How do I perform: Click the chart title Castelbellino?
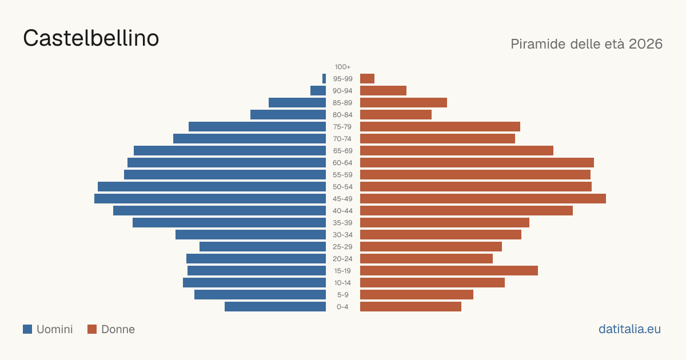click(91, 38)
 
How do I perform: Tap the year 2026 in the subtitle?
click(645, 44)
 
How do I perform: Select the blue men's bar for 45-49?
click(210, 199)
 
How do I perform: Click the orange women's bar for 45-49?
click(483, 199)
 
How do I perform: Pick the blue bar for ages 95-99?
click(324, 79)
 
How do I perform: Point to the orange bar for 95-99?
click(367, 79)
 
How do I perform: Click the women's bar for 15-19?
click(449, 271)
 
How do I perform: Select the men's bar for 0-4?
click(276, 307)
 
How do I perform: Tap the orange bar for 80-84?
click(396, 115)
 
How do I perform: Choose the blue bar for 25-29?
click(263, 247)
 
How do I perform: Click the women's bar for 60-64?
click(477, 162)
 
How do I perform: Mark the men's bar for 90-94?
click(318, 91)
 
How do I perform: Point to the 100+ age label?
click(342, 67)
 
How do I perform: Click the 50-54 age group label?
click(342, 187)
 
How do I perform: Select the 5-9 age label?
click(342, 295)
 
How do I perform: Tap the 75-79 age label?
click(342, 127)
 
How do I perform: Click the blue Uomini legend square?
click(27, 329)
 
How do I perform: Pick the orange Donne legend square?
click(92, 329)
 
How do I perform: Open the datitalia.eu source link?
click(629, 329)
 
